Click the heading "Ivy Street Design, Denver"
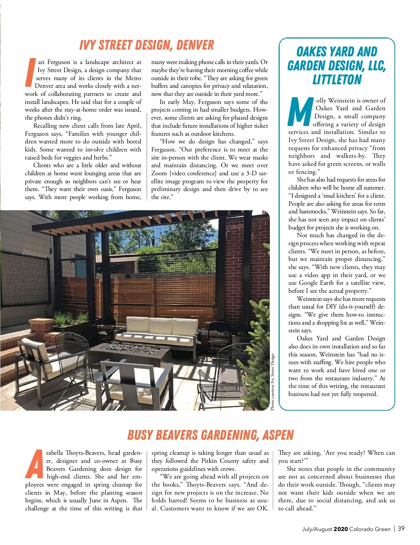click(146, 45)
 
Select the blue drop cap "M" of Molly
click(301, 112)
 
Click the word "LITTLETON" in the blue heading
click(337, 79)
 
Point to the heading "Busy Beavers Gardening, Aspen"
click(210, 435)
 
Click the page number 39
click(401, 529)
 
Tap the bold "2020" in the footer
click(341, 529)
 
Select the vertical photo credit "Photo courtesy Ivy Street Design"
click(273, 382)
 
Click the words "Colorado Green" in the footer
click(370, 529)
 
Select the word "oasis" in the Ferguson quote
click(105, 189)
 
